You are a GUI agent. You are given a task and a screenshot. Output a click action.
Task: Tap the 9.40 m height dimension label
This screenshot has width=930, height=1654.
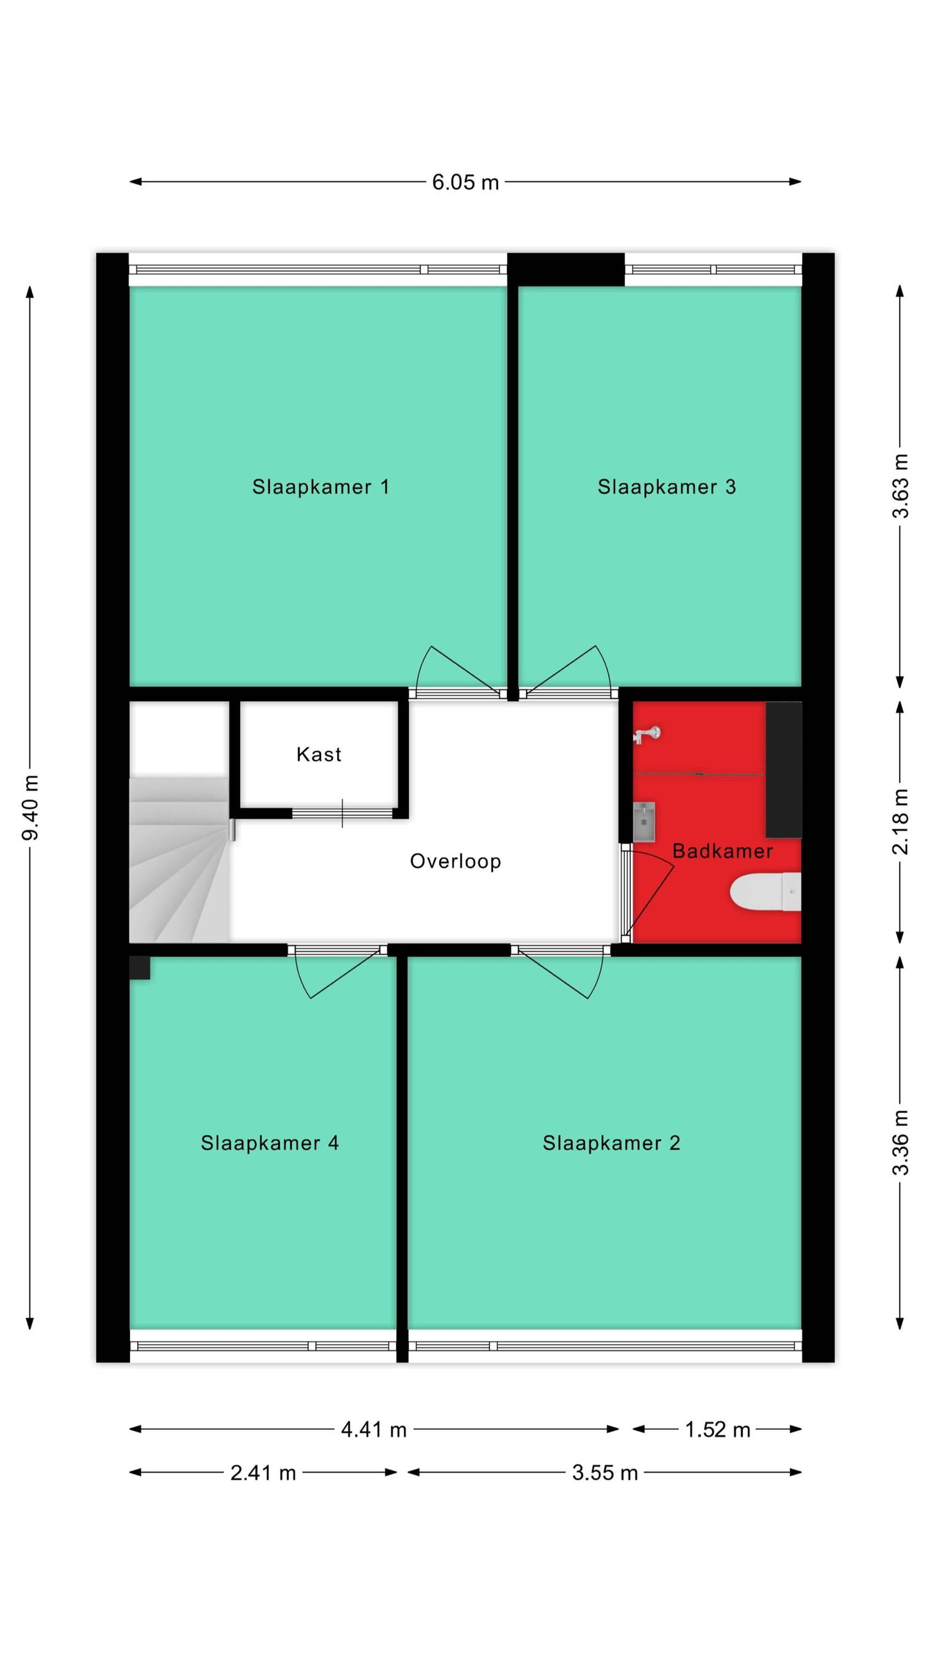point(31,807)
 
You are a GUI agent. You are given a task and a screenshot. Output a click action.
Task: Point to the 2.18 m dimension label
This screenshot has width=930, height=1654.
point(901,822)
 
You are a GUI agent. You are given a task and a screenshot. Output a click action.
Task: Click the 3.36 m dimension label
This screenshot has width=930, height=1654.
point(901,1142)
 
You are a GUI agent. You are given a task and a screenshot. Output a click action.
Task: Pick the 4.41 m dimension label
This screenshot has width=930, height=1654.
point(373,1430)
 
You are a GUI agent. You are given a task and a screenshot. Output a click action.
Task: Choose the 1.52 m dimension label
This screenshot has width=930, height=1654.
point(717,1430)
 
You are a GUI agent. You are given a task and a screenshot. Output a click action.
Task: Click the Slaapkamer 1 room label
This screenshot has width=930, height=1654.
point(320,487)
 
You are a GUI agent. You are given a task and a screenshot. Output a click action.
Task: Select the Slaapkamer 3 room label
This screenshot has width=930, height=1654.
point(666,487)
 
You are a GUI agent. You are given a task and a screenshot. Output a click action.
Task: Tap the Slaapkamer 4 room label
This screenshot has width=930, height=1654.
point(270,1143)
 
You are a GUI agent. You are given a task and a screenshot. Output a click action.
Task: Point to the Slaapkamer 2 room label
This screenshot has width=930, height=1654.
point(611,1143)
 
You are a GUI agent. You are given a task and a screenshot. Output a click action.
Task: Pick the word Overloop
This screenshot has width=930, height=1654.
point(455,862)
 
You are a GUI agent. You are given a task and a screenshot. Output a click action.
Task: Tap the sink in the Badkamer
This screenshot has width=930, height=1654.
point(644,821)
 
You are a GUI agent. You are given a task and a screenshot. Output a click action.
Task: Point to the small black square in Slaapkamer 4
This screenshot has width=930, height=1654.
point(140,968)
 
